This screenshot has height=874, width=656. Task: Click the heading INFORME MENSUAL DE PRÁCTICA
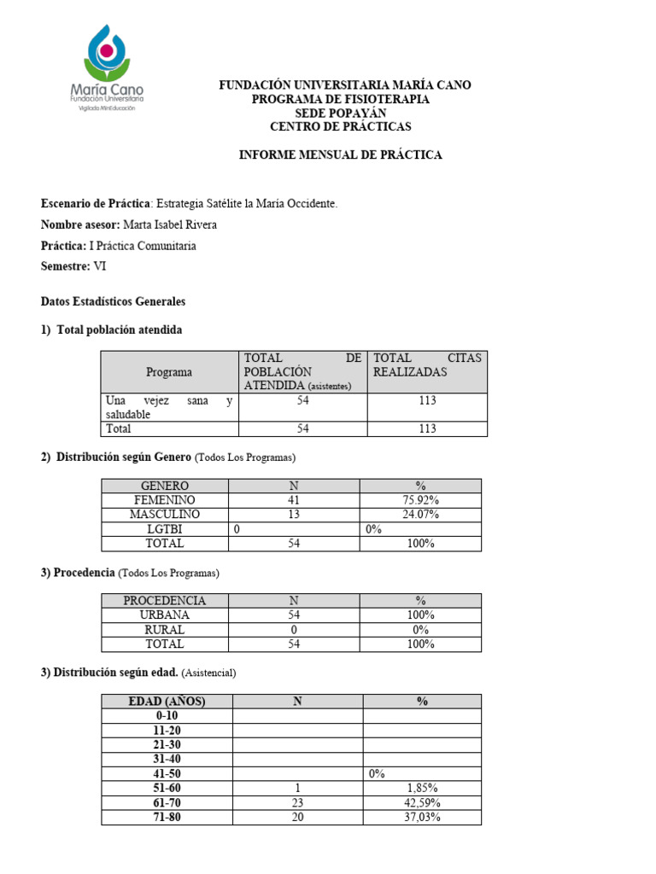340,155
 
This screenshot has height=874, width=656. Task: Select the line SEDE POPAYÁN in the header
340,113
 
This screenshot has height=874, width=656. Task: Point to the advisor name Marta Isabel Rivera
170,225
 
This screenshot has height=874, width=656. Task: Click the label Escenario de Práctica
96,204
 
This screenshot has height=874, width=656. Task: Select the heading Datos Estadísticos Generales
113,302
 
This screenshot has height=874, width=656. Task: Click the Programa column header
169,372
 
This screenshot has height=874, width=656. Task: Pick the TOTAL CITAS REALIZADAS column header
427,365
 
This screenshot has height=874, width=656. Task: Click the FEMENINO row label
164,500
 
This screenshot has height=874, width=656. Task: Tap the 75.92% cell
420,500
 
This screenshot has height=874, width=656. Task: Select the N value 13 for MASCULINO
294,515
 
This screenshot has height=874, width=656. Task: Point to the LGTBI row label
164,529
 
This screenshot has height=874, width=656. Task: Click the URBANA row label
164,615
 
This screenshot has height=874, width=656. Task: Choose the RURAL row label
164,630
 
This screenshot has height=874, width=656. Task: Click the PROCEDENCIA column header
164,601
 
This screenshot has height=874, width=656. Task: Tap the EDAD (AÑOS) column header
167,702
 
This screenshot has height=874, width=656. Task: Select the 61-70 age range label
167,802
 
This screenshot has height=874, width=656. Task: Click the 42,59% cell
421,802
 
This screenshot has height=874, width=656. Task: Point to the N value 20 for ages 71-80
297,817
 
